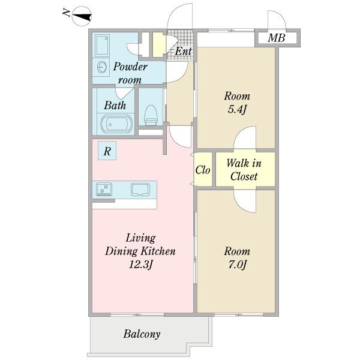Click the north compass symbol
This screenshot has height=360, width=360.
point(82,16)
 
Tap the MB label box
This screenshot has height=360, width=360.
point(277,38)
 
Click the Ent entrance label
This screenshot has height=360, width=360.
point(183,51)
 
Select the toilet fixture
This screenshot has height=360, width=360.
point(151,115)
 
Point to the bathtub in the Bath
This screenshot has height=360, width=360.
point(116,124)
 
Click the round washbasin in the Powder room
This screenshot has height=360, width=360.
point(102,67)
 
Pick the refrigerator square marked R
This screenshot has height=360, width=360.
point(107,151)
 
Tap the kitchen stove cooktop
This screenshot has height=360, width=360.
point(104,189)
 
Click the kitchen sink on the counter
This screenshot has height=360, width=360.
point(140,190)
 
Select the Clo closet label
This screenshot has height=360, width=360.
point(203,170)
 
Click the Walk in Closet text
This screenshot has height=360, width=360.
point(244,170)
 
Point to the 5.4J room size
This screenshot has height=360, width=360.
point(237,110)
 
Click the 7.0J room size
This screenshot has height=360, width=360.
point(237,265)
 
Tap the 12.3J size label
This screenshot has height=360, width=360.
point(140,265)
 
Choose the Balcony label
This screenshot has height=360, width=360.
point(142,334)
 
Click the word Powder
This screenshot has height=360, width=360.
point(130,67)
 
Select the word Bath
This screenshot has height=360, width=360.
point(115,106)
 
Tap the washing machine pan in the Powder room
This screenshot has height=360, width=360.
point(102,46)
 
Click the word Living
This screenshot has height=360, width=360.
point(141,238)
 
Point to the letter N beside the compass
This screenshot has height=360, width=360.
point(67,12)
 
